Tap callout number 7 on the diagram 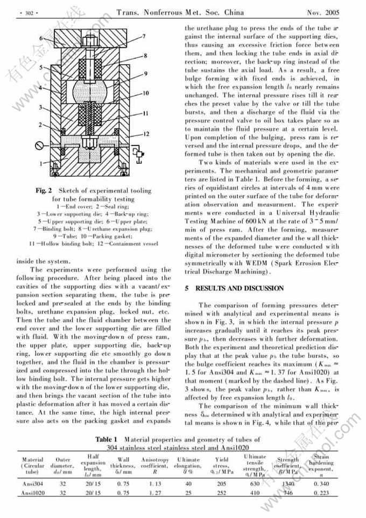144,36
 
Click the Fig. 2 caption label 44,190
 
